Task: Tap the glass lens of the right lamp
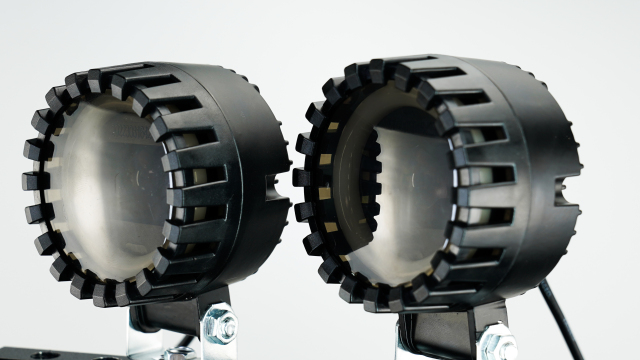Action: pyautogui.click(x=400, y=190)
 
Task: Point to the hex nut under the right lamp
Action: pyautogui.click(x=497, y=339)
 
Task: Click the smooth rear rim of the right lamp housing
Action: pyautogui.click(x=560, y=170)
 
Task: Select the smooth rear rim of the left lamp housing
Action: pyautogui.click(x=275, y=170)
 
